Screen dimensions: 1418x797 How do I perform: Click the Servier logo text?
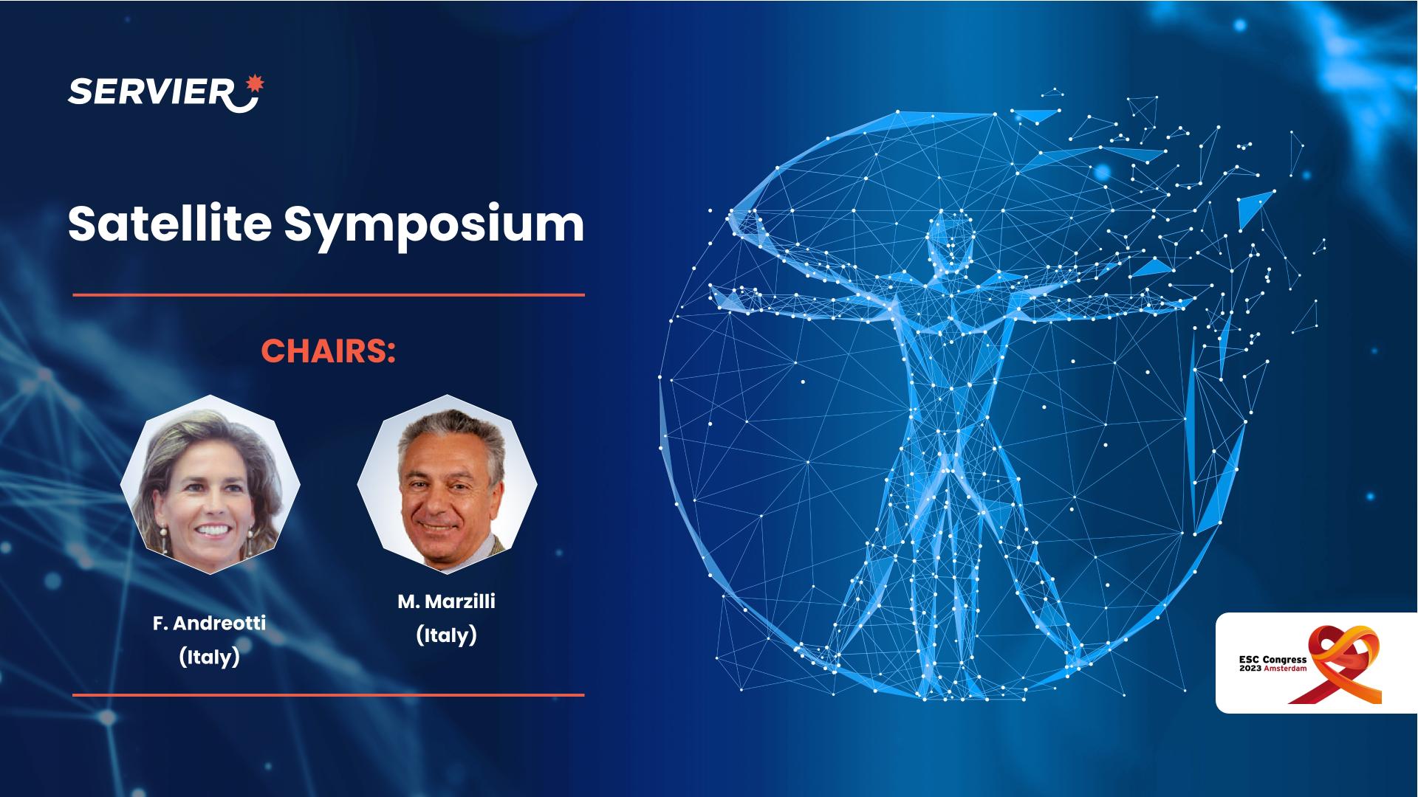(x=151, y=93)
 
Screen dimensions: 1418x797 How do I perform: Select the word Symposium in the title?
(x=434, y=225)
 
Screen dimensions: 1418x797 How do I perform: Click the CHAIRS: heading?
(x=329, y=351)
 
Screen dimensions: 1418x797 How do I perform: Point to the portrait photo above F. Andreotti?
(x=210, y=486)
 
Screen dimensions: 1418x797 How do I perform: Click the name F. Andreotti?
(x=209, y=624)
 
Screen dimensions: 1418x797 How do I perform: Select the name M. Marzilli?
(x=447, y=601)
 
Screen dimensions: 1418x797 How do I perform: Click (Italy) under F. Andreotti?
(x=209, y=657)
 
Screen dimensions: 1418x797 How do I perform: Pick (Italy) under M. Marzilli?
(x=447, y=635)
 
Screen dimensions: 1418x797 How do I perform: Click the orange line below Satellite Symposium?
(x=329, y=294)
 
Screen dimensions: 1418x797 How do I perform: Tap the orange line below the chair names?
(x=329, y=694)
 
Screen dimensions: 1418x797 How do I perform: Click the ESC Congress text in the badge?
(x=1273, y=660)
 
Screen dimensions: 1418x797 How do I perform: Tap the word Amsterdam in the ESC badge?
(x=1286, y=668)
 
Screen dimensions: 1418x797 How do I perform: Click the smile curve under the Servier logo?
(x=244, y=103)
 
